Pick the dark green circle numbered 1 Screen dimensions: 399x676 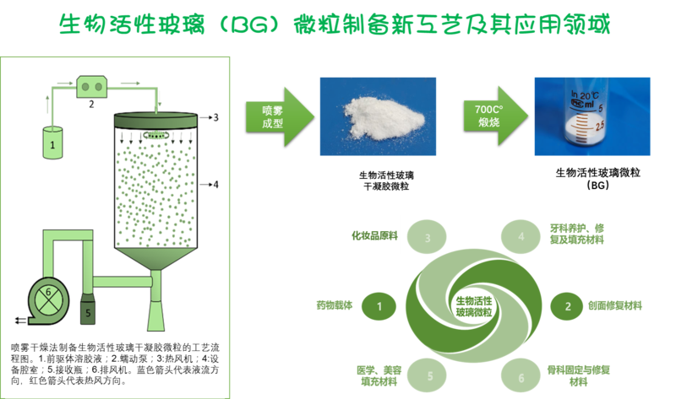coord(380,305)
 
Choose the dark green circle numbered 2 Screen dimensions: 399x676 coord(568,305)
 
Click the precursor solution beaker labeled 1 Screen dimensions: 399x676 coord(52,143)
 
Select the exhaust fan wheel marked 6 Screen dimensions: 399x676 coord(49,295)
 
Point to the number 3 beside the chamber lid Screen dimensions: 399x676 coord(217,118)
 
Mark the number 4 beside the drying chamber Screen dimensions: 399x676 coord(216,183)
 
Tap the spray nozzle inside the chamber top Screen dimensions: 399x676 coord(156,133)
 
